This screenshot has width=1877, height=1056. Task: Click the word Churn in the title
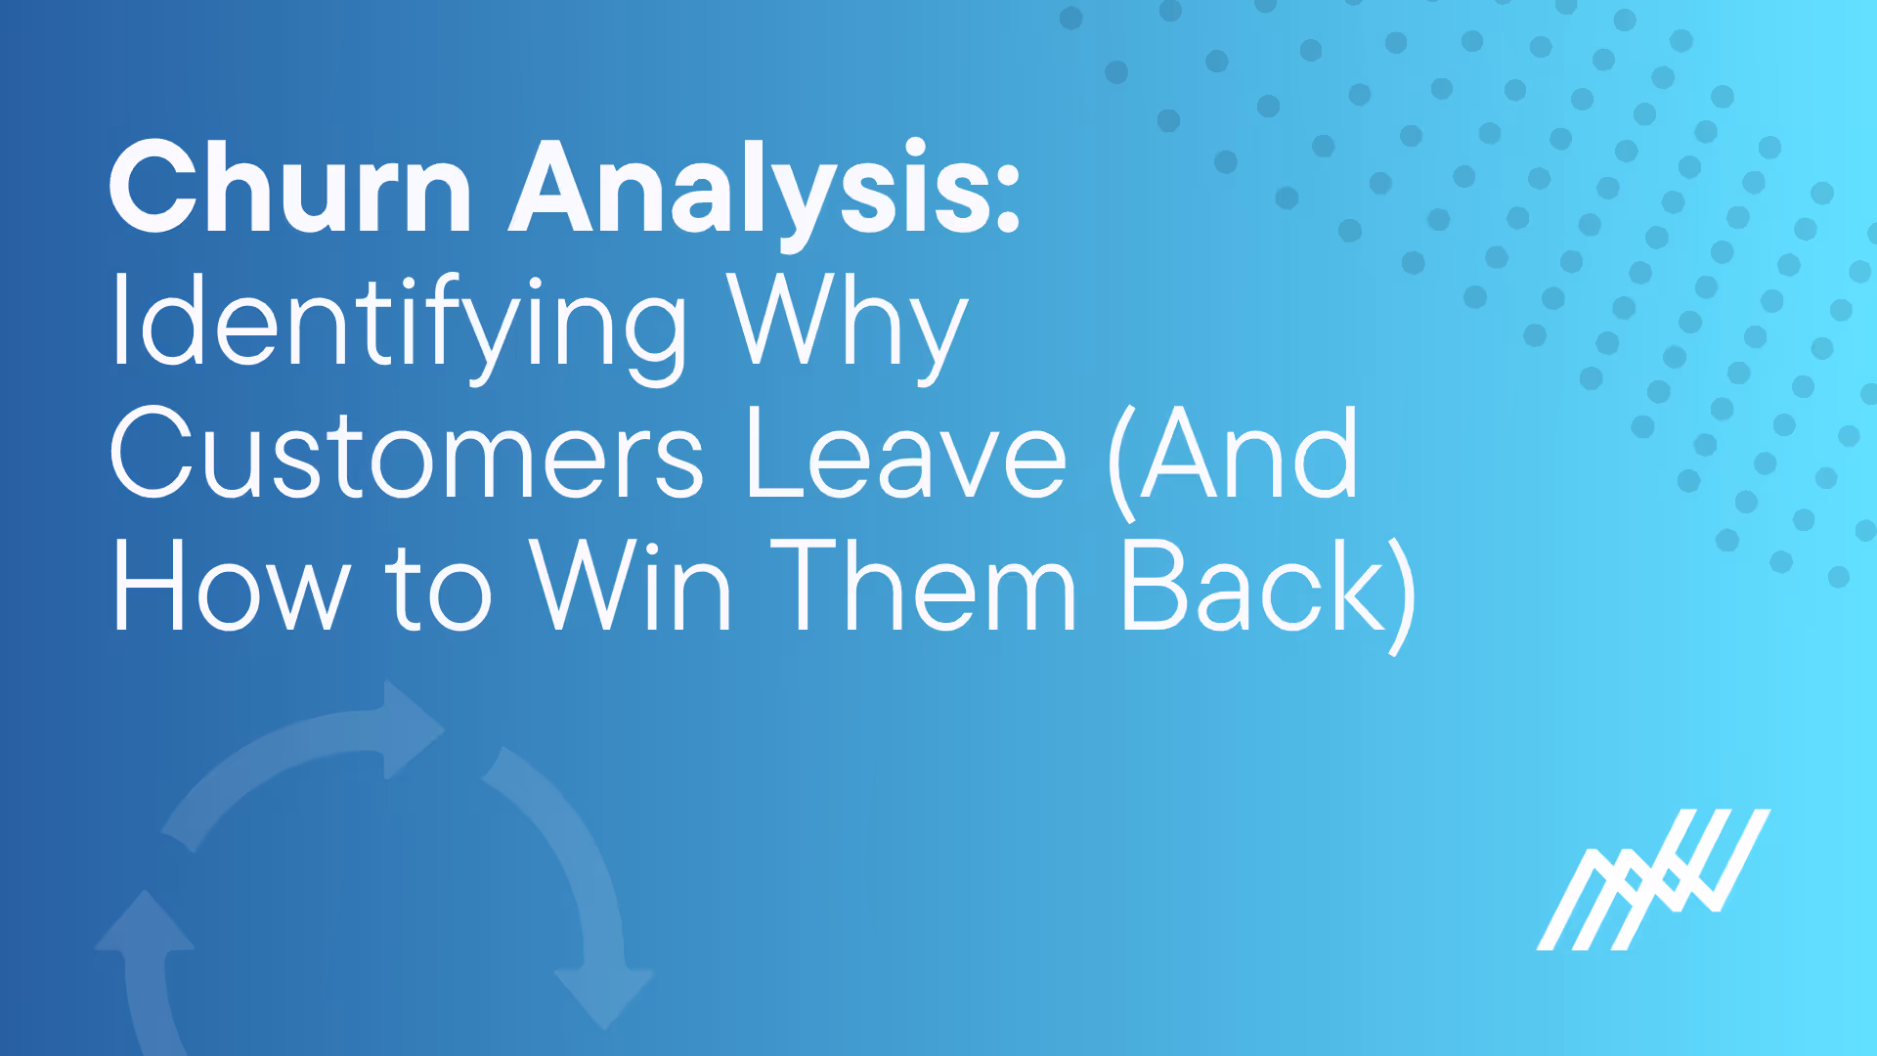(x=290, y=188)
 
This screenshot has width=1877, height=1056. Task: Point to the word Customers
(x=406, y=456)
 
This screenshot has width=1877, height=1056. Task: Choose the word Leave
(x=905, y=456)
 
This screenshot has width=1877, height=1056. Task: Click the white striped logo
(x=1653, y=879)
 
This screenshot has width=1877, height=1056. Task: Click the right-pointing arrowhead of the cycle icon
(x=411, y=728)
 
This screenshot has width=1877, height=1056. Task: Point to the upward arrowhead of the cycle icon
(x=145, y=924)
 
